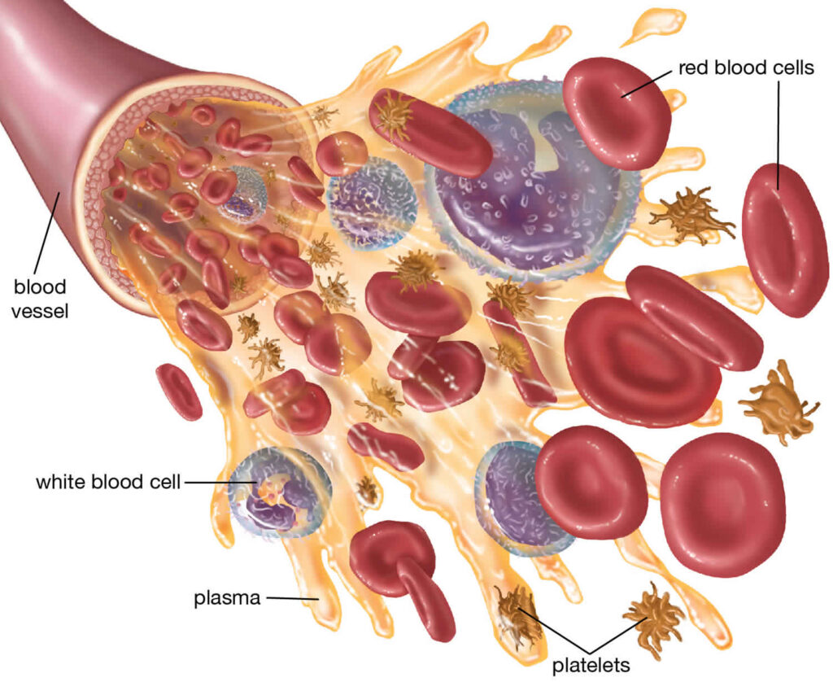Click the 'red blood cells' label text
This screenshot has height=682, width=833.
(746, 68)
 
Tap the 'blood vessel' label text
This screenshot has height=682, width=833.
(40, 298)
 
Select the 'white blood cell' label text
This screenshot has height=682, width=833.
(108, 482)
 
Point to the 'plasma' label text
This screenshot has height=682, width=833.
(227, 598)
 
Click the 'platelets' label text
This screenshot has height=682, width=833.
(591, 664)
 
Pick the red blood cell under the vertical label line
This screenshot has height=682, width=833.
(778, 240)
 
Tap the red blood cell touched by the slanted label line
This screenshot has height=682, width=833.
(616, 113)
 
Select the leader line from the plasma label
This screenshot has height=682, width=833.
(292, 598)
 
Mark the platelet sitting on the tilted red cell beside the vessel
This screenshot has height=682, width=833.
(395, 116)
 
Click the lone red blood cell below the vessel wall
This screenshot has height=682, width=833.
(179, 391)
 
